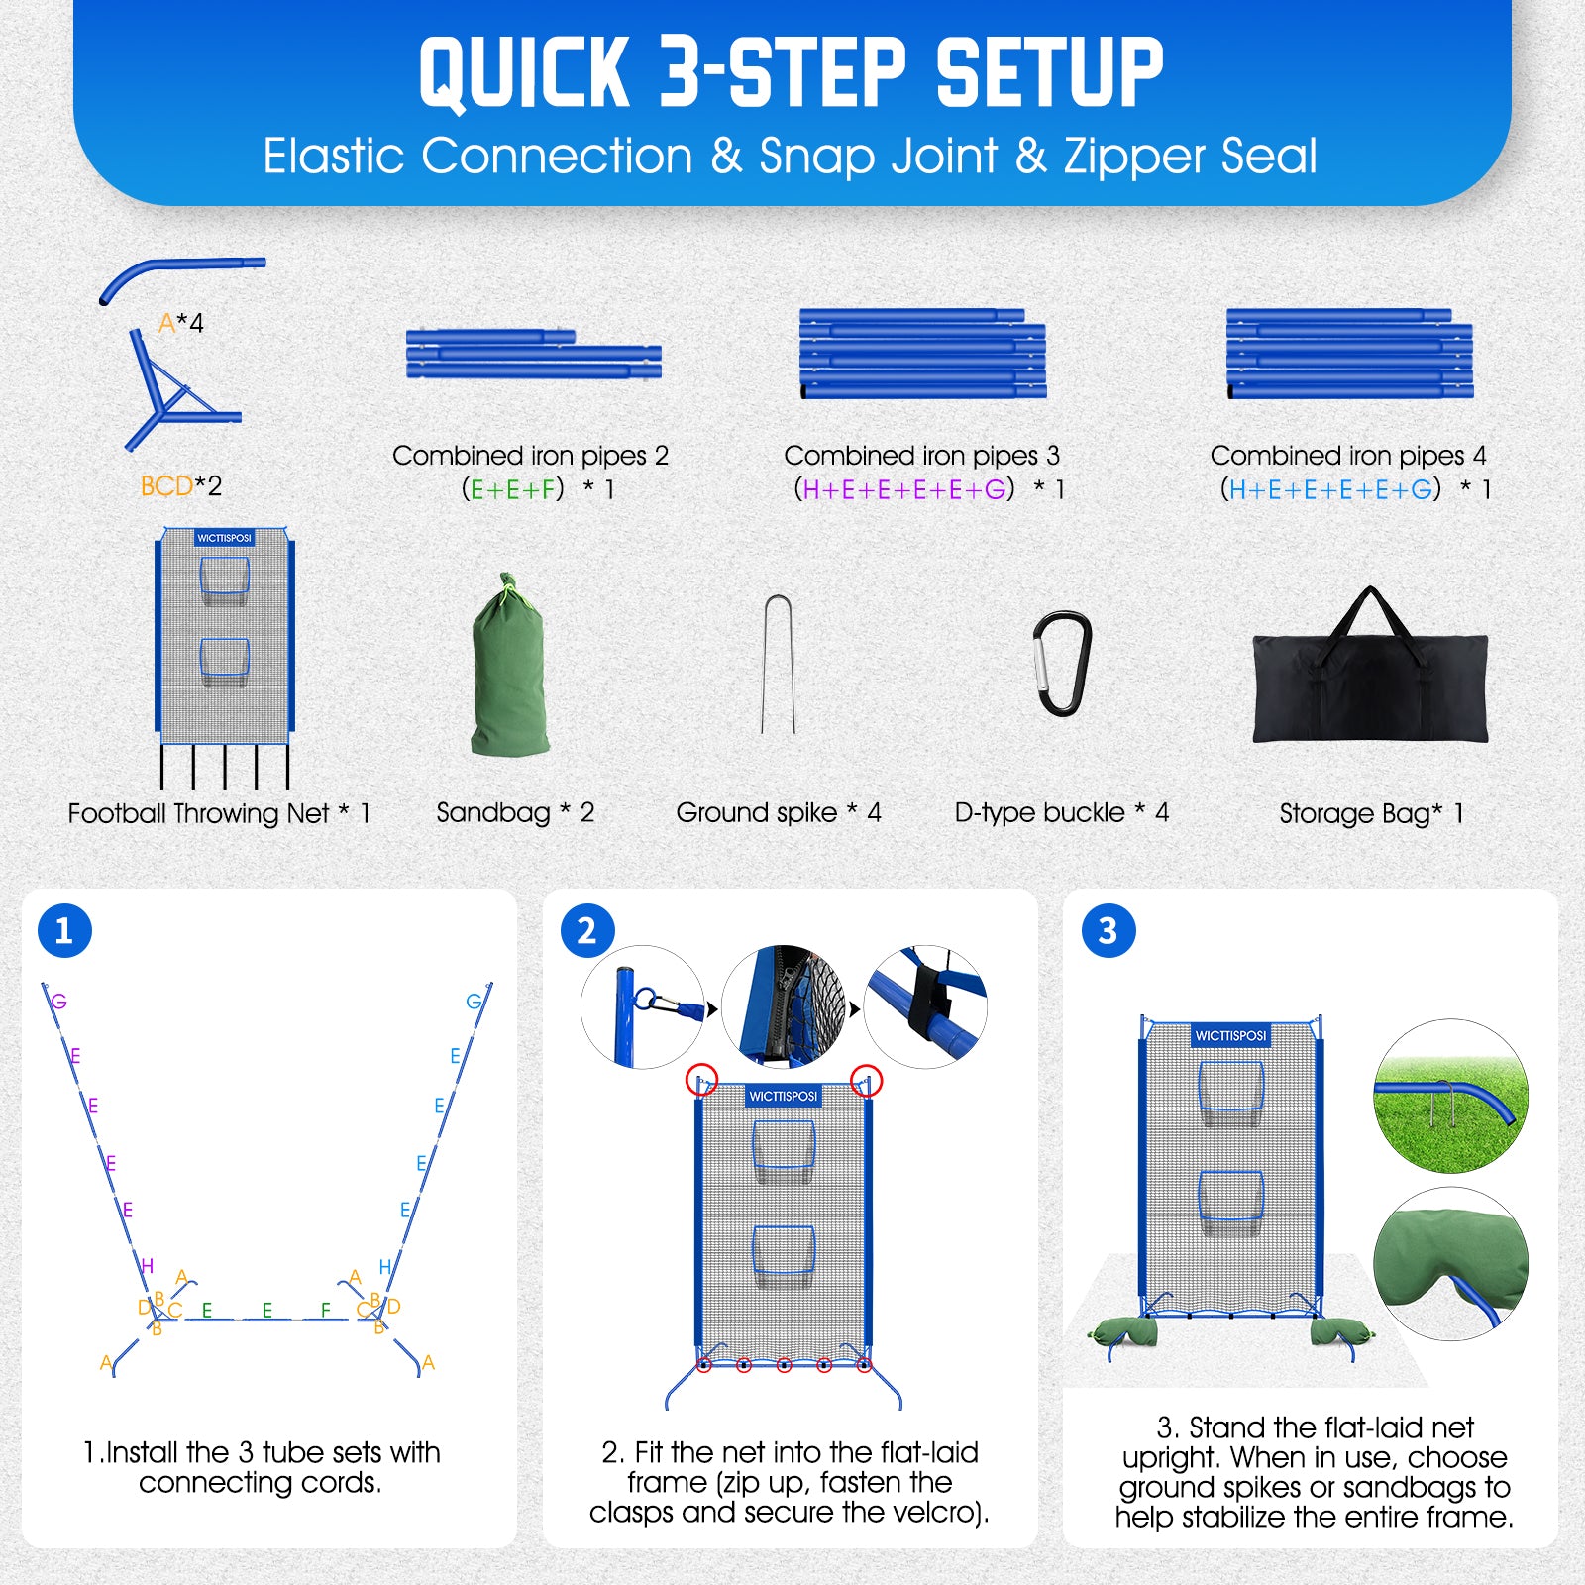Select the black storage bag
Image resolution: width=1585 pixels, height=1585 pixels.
1370,674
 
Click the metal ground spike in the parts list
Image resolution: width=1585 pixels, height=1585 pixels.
778,664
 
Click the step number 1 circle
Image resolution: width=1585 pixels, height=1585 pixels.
64,930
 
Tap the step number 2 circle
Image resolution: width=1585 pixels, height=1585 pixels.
586,930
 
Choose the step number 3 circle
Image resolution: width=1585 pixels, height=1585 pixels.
1108,930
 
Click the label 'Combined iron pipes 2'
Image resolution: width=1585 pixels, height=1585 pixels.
531,455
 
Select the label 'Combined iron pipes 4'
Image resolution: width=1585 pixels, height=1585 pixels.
1348,455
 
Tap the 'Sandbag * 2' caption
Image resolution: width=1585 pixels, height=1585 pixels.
515,812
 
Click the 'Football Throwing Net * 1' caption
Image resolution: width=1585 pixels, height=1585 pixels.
219,813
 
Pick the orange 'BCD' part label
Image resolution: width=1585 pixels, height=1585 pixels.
166,485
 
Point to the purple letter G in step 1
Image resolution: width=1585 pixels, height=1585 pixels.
59,1002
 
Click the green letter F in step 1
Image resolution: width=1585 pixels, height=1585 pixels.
326,1310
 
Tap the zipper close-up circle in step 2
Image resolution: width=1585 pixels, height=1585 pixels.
785,1006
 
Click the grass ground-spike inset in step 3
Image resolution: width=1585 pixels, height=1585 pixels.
1450,1097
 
